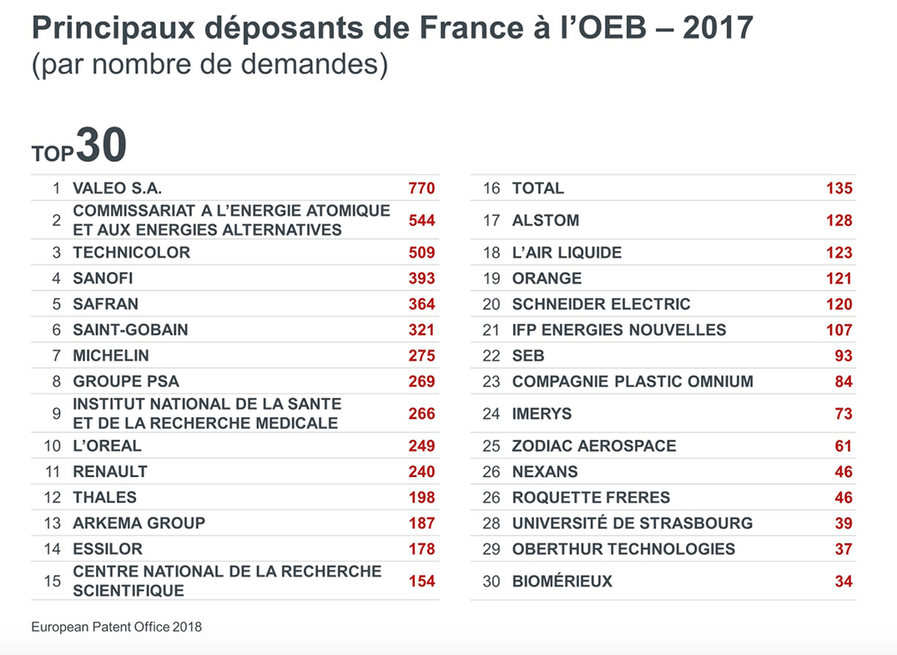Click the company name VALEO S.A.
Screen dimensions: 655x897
pos(117,189)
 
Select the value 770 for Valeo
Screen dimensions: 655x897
pos(421,189)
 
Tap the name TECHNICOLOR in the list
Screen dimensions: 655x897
pos(132,253)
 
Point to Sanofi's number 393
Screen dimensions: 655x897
pos(421,279)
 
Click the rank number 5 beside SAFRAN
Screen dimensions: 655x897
pos(57,305)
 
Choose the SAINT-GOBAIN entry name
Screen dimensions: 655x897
pos(130,330)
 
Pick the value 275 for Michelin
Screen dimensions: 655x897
pos(421,355)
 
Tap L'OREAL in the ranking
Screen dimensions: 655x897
pos(108,446)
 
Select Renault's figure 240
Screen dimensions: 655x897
pos(421,471)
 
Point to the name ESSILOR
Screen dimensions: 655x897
pos(108,549)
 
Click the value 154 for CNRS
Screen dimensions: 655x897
pos(421,581)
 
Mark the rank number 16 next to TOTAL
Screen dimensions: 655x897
pos(491,189)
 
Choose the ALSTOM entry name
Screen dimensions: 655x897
pos(546,221)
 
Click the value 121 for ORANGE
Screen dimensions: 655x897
pos(839,279)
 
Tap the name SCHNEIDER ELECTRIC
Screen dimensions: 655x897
pos(601,305)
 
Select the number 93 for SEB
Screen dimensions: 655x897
pos(844,356)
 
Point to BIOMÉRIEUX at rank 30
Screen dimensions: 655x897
pos(562,582)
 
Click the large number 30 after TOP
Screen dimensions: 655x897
pos(101,146)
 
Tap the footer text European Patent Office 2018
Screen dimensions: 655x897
pos(116,627)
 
